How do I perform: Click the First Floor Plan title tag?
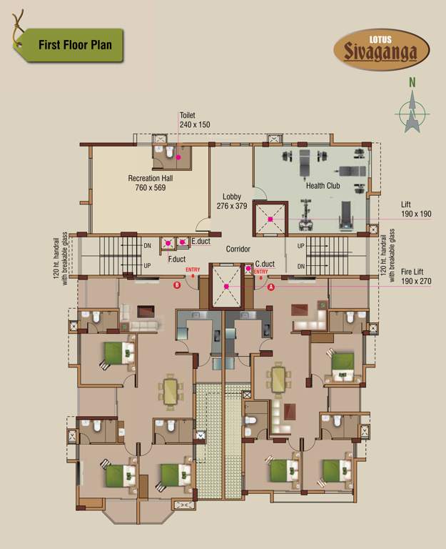click(x=69, y=46)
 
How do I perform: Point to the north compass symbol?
click(x=412, y=109)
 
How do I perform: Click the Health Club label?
click(x=323, y=186)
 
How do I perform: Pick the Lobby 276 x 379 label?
click(x=231, y=202)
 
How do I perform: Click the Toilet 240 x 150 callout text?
click(x=196, y=120)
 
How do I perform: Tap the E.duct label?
click(x=201, y=242)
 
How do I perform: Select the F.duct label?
click(x=177, y=258)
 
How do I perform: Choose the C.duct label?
click(x=265, y=263)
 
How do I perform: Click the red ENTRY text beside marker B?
click(x=193, y=269)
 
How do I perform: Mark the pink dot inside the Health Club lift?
click(x=270, y=219)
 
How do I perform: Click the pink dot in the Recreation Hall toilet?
click(x=179, y=157)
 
